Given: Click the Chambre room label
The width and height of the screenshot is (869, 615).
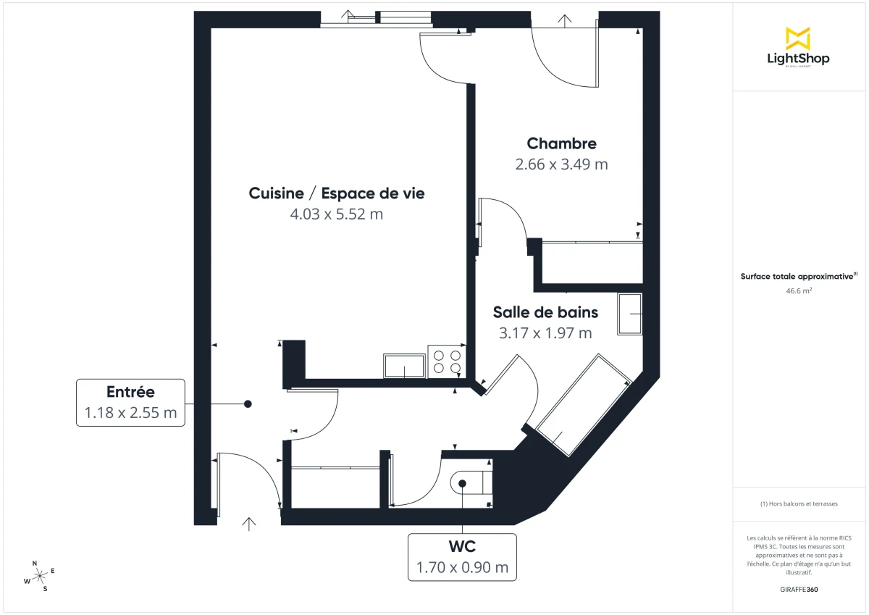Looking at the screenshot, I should click(x=561, y=143).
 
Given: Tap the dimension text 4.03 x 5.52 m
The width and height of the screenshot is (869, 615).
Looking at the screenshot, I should click(x=336, y=214).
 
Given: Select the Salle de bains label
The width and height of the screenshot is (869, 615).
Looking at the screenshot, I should click(x=545, y=312).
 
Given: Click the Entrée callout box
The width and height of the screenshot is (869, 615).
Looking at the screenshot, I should click(x=130, y=402).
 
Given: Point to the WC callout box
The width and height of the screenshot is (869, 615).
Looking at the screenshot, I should click(x=462, y=556).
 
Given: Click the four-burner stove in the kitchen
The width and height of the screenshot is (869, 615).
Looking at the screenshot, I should click(x=446, y=361).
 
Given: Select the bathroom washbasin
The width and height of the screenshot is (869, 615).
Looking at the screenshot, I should click(x=630, y=314).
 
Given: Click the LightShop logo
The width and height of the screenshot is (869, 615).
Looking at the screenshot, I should click(x=798, y=47).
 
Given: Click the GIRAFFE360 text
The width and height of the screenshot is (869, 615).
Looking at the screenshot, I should click(x=799, y=590).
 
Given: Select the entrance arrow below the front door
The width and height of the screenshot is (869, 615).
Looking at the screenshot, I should click(x=250, y=524).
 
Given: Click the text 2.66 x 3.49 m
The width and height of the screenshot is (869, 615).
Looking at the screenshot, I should click(x=561, y=164).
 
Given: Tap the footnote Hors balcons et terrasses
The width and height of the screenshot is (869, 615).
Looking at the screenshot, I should click(x=799, y=503).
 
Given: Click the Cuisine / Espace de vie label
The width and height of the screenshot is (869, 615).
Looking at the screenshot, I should click(x=336, y=193).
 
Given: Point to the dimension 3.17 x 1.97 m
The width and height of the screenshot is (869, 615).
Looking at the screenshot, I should click(x=545, y=333).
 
